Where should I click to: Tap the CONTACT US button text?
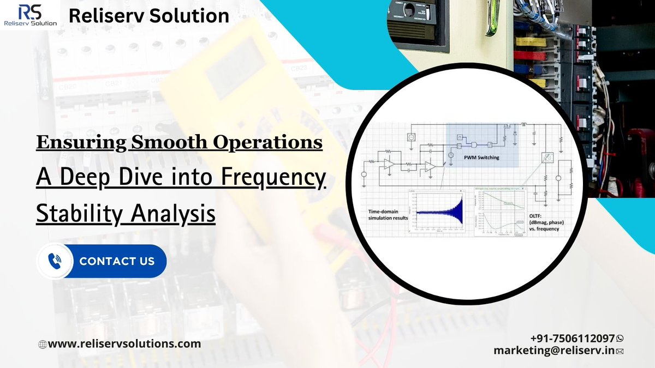pos(117,261)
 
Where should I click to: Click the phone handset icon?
pos(55,261)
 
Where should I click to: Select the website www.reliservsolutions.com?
pos(124,343)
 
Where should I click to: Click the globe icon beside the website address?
pos(42,344)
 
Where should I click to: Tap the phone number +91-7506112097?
pos(572,338)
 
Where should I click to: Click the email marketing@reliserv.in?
pos(553,351)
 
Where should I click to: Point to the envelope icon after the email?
pos(620,352)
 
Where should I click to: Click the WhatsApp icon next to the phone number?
pos(620,339)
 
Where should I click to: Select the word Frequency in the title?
pos(275,178)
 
